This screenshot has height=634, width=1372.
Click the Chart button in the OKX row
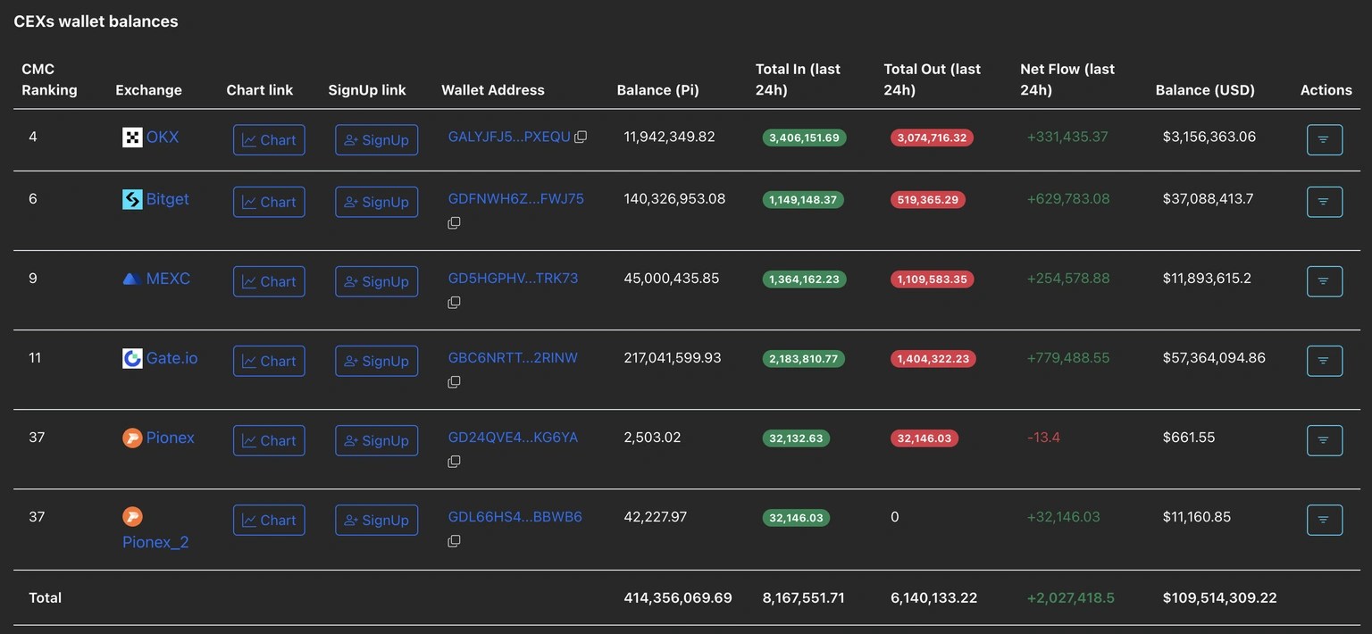pyautogui.click(x=269, y=140)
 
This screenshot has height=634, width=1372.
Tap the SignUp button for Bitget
pyautogui.click(x=376, y=202)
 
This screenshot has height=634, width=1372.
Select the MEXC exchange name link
pyautogui.click(x=168, y=279)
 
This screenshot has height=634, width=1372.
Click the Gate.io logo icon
pyautogui.click(x=132, y=358)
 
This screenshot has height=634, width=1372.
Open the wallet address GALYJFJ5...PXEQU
pyautogui.click(x=508, y=137)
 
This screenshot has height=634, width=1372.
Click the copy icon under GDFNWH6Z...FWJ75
pyautogui.click(x=454, y=222)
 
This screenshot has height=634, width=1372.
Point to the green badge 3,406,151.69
pyautogui.click(x=804, y=138)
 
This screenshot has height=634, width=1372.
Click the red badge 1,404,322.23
pyautogui.click(x=933, y=359)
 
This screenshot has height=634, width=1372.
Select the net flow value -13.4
pyautogui.click(x=1043, y=438)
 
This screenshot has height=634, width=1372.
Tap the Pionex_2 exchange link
pyautogui.click(x=155, y=542)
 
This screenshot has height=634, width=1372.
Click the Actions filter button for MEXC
pyautogui.click(x=1324, y=281)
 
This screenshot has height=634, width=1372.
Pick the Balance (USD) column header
pyautogui.click(x=1205, y=90)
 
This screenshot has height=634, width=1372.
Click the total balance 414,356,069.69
pyautogui.click(x=677, y=598)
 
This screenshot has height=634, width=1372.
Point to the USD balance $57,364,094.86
pyautogui.click(x=1214, y=358)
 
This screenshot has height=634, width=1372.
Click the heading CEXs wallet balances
pyautogui.click(x=96, y=21)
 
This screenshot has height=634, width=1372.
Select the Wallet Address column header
pyautogui.click(x=492, y=90)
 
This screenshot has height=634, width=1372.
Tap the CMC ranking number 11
pyautogui.click(x=35, y=358)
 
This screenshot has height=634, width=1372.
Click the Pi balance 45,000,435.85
pyautogui.click(x=671, y=279)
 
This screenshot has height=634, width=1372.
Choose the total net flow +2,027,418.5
pyautogui.click(x=1070, y=598)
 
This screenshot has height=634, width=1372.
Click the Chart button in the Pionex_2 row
pyautogui.click(x=269, y=521)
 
